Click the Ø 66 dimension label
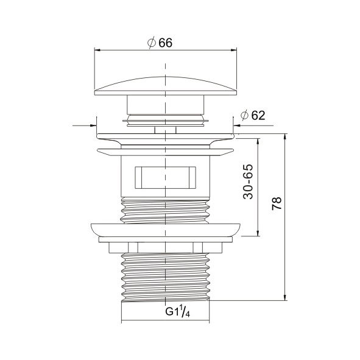pyautogui.click(x=160, y=43)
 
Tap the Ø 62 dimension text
pyautogui.click(x=253, y=115)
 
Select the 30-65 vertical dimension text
pyautogui.click(x=248, y=182)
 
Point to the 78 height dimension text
pyautogui.click(x=277, y=203)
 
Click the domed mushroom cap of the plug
pyautogui.click(x=166, y=86)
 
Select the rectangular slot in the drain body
pyautogui.click(x=165, y=178)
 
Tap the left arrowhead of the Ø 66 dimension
pyautogui.click(x=98, y=50)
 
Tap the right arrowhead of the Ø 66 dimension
pyautogui.click(x=233, y=50)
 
